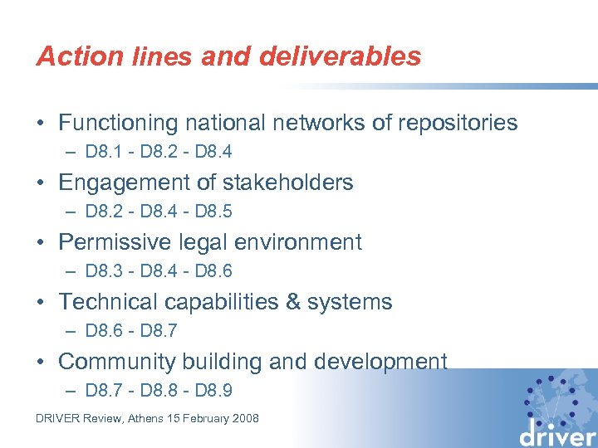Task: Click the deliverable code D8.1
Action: click(x=100, y=152)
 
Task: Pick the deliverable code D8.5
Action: click(x=213, y=212)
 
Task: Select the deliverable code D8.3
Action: click(x=100, y=271)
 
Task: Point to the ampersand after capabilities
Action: click(x=292, y=302)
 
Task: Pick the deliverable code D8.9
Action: click(x=213, y=391)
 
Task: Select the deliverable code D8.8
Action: click(x=157, y=391)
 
